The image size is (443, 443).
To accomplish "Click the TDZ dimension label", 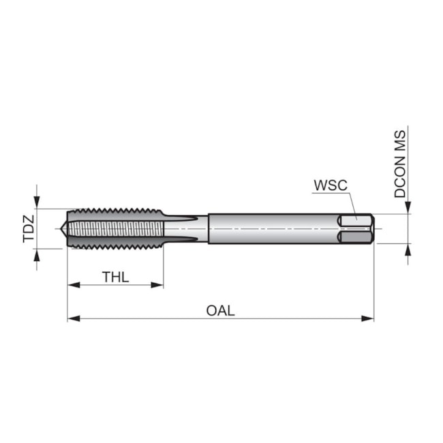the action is (x=29, y=229).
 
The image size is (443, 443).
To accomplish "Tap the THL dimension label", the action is (x=116, y=277).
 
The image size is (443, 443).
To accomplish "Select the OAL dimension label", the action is (x=220, y=311).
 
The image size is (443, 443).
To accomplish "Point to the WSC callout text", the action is (x=331, y=185).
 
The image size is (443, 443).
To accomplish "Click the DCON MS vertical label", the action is (x=400, y=164).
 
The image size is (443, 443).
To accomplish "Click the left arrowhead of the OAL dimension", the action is (x=74, y=319).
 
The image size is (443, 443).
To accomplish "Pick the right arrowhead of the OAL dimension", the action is (x=367, y=319).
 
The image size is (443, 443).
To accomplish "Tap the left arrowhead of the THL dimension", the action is (x=74, y=285).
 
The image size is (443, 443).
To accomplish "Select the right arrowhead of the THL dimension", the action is (x=157, y=285).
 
